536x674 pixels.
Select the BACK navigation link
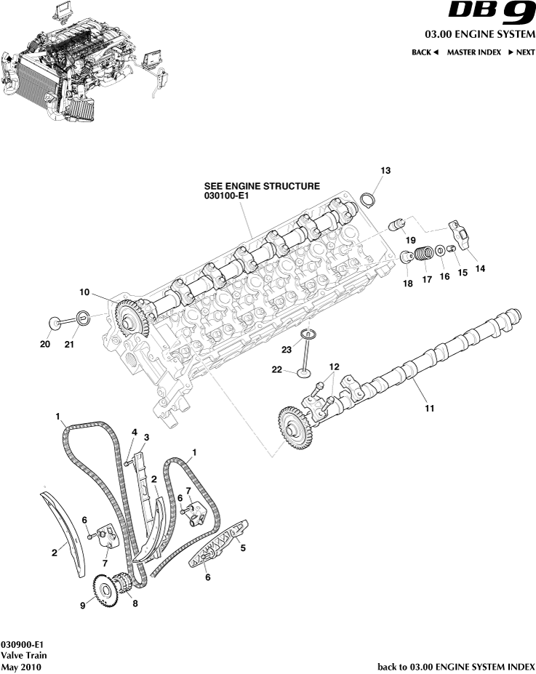point(425,52)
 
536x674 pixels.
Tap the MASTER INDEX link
point(473,52)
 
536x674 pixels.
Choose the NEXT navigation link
point(521,52)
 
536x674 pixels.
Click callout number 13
point(385,170)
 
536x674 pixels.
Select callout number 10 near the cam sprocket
point(84,292)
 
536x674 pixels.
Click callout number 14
point(480,268)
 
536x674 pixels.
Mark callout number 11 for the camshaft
point(429,409)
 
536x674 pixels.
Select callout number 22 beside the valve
point(276,369)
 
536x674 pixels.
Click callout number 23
point(287,350)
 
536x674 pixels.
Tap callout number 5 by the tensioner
point(242,548)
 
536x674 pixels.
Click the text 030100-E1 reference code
point(231,196)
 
